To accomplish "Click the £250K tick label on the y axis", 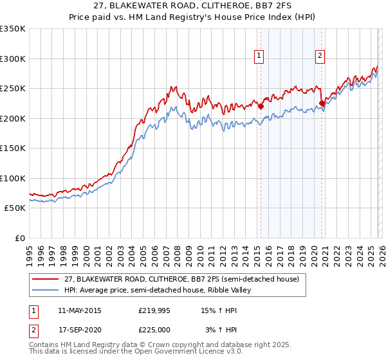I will [13, 89].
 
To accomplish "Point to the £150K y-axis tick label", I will [13, 148].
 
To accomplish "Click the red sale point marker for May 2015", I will [261, 107].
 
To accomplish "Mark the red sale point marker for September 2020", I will [322, 103].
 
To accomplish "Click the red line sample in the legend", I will [45, 280].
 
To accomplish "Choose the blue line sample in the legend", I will [45, 291].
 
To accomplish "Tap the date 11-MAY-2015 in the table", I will [79, 311].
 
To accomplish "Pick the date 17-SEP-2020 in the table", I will [79, 330].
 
